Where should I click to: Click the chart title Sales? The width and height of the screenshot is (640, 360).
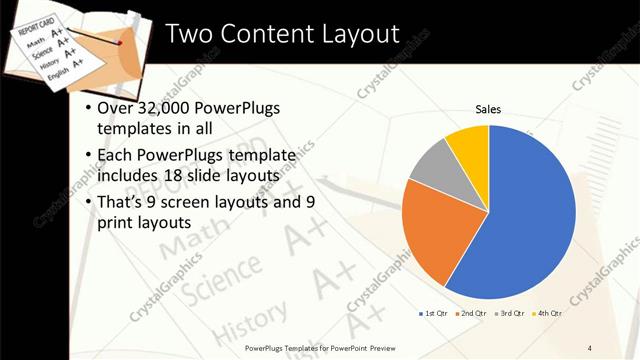coord(487,109)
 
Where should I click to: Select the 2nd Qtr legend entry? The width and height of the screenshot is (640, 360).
coord(470,315)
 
